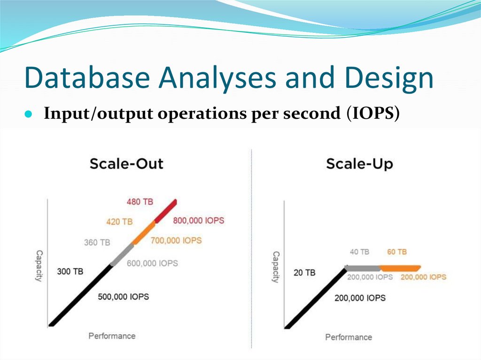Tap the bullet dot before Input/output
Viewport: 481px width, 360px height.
[28, 115]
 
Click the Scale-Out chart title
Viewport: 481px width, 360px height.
[126, 164]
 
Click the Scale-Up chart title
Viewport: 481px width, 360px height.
[359, 164]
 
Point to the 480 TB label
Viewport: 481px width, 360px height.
[140, 202]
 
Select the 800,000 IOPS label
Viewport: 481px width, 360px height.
[199, 220]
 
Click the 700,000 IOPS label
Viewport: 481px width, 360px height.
[176, 240]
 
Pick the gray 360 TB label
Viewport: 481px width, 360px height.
[97, 243]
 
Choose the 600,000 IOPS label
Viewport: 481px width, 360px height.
[152, 263]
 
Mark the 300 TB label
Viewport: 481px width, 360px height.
[70, 271]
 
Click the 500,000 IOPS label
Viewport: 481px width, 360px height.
[124, 297]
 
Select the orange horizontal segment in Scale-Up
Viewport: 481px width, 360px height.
[400, 268]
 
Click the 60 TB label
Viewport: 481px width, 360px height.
[397, 252]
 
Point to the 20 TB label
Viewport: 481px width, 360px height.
[304, 272]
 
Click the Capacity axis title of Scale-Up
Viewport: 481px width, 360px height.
[276, 267]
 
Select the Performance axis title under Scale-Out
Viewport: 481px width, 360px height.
[112, 336]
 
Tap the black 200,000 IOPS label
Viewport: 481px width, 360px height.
[360, 298]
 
